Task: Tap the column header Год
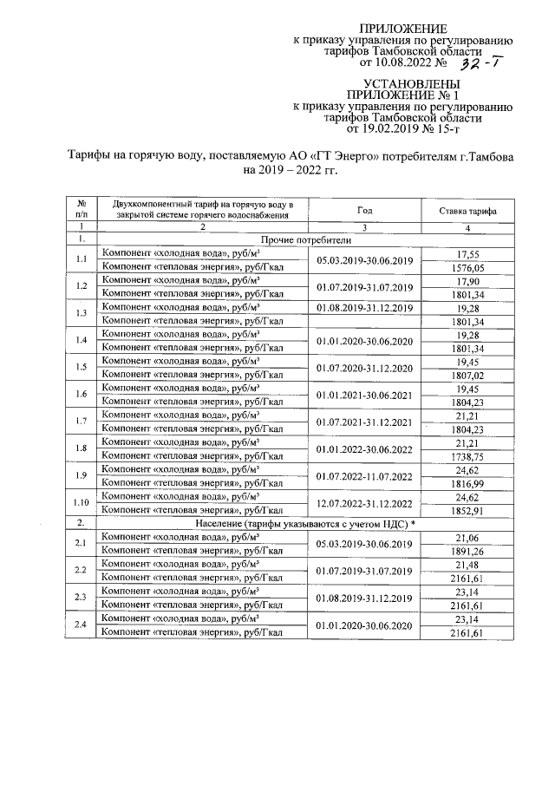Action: tap(364, 210)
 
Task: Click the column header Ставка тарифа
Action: tap(467, 210)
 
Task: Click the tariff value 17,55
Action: tap(467, 253)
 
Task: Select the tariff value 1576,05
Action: tap(467, 267)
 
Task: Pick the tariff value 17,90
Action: tap(467, 281)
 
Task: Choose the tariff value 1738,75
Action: tap(467, 455)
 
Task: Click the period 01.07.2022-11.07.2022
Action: tap(364, 477)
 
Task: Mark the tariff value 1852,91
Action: tap(467, 512)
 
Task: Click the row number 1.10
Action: tap(81, 505)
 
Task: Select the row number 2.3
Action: tap(81, 597)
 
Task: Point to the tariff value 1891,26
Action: tap(467, 549)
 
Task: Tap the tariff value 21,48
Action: tap(467, 563)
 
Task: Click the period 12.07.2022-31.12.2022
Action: tap(364, 505)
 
